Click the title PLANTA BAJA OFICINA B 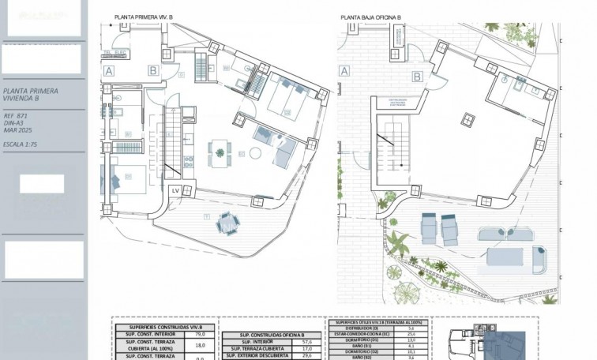[370, 16]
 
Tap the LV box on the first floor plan [175, 190]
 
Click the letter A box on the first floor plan [109, 69]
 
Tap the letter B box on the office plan [416, 77]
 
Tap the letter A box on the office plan [344, 70]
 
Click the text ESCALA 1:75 [24, 145]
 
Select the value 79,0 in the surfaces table [199, 334]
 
